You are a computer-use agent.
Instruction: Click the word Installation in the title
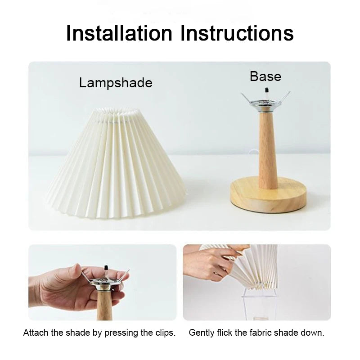point(119,33)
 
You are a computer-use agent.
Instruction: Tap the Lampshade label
point(116,83)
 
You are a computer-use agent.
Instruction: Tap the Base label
point(265,76)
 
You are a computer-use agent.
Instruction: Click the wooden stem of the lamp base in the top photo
point(268,148)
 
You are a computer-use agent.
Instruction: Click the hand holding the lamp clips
point(67,288)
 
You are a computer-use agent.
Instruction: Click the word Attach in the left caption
point(34,333)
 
